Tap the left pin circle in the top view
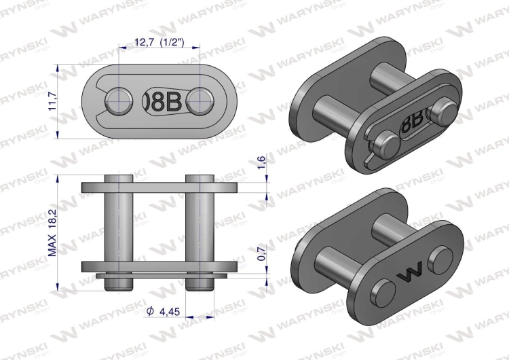click(119, 102)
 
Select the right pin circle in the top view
click(200, 102)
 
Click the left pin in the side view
click(119, 228)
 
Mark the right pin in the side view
click(200, 228)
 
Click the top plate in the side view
click(159, 187)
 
